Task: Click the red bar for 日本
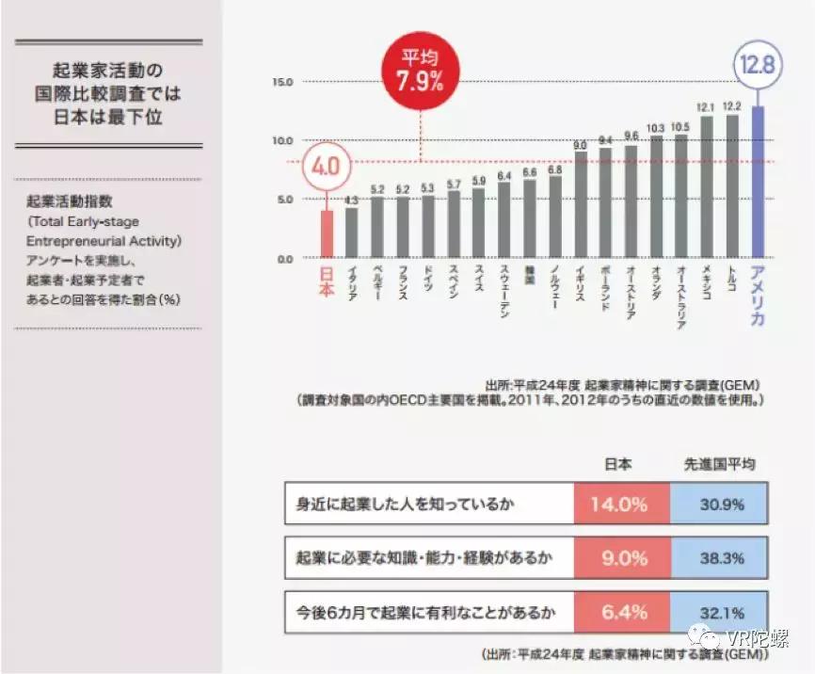click(x=327, y=233)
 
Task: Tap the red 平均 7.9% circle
click(x=420, y=72)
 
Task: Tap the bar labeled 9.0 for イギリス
click(x=580, y=204)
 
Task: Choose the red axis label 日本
click(x=327, y=281)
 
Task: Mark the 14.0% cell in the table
click(x=619, y=504)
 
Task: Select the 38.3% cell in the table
click(x=721, y=557)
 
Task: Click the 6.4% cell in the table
click(x=619, y=612)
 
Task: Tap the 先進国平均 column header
click(x=721, y=464)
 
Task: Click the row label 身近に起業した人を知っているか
click(x=405, y=504)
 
